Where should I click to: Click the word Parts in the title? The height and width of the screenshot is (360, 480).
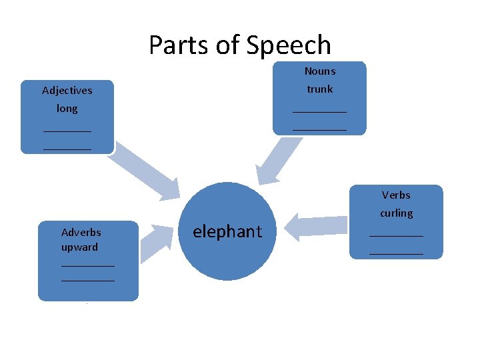[x=176, y=45]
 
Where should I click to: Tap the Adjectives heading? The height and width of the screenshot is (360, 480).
[x=67, y=90]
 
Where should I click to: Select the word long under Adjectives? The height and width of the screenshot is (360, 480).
[x=67, y=108]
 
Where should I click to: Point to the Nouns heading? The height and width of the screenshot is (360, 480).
[x=320, y=71]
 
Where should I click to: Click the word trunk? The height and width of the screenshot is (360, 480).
[x=320, y=89]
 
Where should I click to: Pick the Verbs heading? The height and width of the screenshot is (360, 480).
[x=396, y=195]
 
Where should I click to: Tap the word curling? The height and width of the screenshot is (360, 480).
[x=397, y=213]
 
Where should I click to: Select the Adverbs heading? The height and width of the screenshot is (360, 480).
[x=81, y=233]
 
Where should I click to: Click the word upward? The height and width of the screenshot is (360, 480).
[x=79, y=247]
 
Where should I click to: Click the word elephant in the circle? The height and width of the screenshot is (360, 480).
[x=227, y=231]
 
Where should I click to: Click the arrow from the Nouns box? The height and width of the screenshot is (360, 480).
[x=273, y=162]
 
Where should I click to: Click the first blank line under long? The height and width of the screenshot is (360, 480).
[x=67, y=131]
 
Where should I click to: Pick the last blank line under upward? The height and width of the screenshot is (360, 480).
[x=88, y=281]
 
